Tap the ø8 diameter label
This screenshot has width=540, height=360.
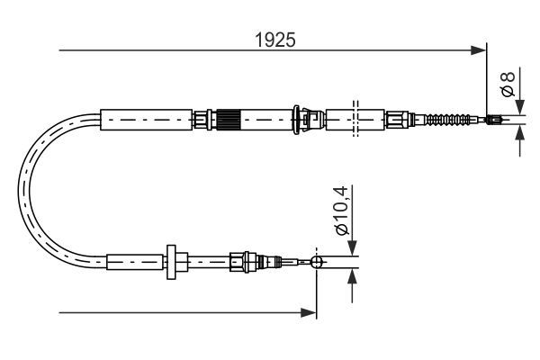coord(508,85)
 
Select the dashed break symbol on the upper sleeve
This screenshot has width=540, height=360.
coord(356,119)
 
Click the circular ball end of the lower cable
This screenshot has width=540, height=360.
coord(316,262)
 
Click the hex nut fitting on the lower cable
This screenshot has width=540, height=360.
coord(239,262)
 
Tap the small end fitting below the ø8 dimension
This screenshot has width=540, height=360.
coord(493,119)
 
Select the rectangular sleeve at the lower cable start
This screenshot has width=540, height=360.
coord(135,262)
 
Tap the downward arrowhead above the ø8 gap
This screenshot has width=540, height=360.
coord(520,106)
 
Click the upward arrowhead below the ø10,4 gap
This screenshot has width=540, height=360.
coord(351,274)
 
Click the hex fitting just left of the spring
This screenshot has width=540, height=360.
coord(397,119)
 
